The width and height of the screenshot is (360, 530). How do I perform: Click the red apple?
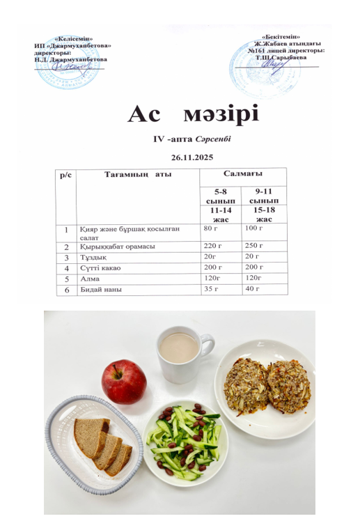click(124, 381)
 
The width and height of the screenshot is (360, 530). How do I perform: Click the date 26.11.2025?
click(191, 157)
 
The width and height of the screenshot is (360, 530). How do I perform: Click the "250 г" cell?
click(254, 247)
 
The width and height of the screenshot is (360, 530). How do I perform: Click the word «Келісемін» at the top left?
click(73, 39)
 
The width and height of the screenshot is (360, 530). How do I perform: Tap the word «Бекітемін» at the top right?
click(282, 36)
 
